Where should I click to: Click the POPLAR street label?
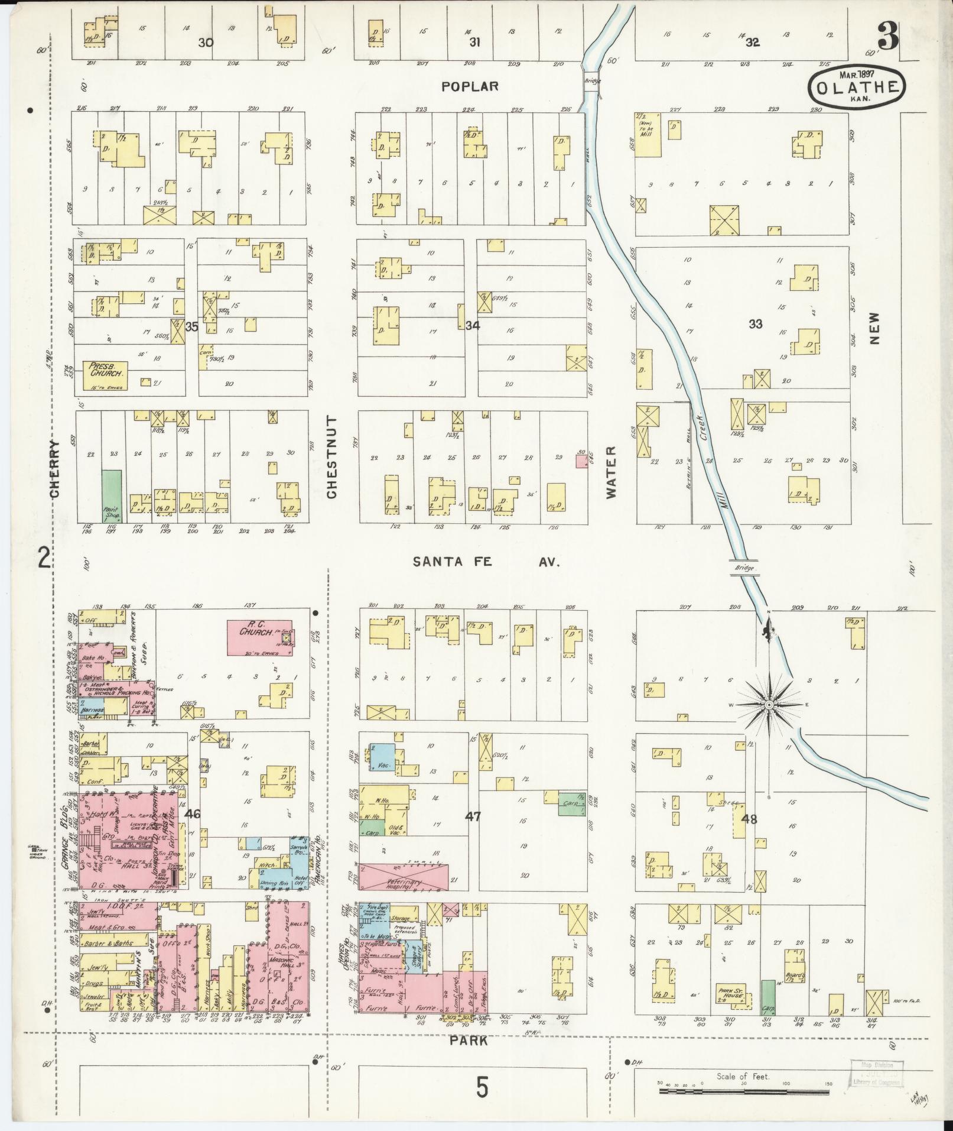(x=470, y=86)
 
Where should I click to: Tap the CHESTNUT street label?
(x=331, y=456)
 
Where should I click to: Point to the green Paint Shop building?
(x=111, y=495)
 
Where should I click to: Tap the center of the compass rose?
(x=769, y=705)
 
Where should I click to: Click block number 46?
(x=193, y=814)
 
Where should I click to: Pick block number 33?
(x=755, y=323)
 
